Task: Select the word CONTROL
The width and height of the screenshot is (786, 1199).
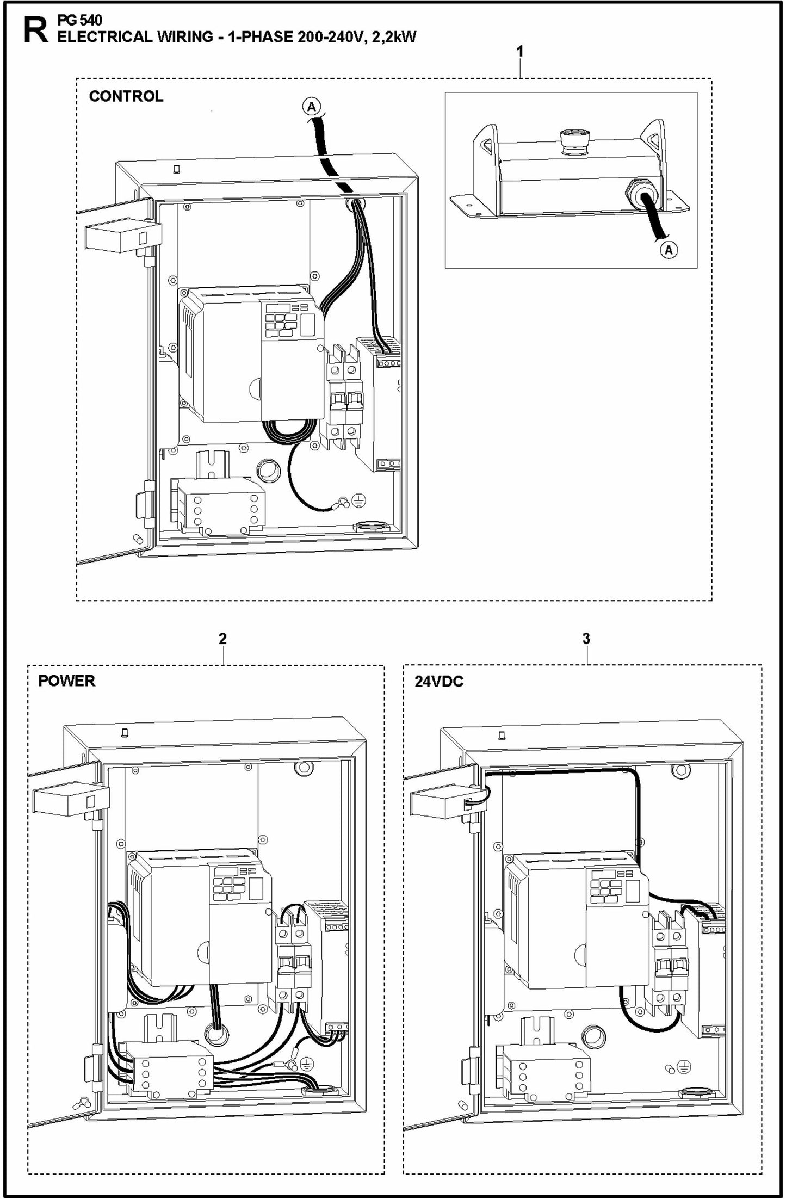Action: pyautogui.click(x=126, y=96)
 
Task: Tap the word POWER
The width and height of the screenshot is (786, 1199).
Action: pyautogui.click(x=66, y=681)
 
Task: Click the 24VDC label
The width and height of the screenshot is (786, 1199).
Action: pyautogui.click(x=439, y=682)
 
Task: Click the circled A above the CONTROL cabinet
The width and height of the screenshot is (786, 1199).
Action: pyautogui.click(x=311, y=106)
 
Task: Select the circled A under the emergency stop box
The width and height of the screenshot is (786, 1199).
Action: pyautogui.click(x=669, y=250)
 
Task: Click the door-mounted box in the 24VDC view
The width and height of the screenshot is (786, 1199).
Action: pyautogui.click(x=438, y=803)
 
